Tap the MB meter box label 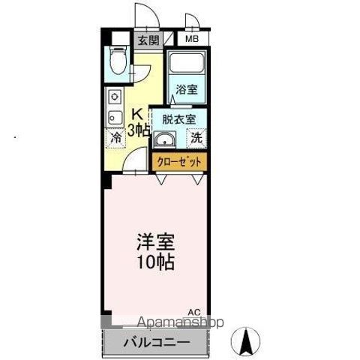point(192,39)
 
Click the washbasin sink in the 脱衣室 point(164,139)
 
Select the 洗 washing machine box point(195,138)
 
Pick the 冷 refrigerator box point(116,138)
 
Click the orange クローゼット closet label point(179,160)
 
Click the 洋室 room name point(155,245)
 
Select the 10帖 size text point(155,263)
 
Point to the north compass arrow point(245,343)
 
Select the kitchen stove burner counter point(115,107)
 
